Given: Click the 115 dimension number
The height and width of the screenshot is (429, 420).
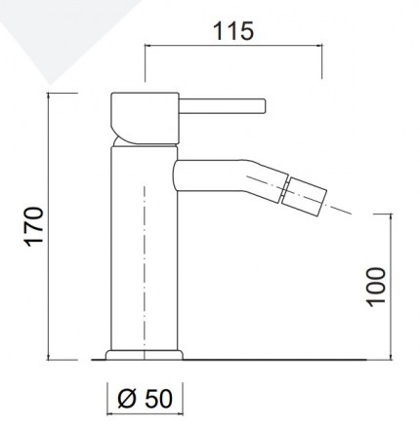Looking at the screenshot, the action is [233, 31].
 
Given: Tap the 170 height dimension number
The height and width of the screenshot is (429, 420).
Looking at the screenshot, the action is [34, 226].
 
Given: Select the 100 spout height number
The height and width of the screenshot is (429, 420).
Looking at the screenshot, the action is [376, 288].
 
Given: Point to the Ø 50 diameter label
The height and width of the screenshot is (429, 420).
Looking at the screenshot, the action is [145, 399].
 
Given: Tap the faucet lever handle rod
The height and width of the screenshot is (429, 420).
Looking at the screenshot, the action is [223, 106].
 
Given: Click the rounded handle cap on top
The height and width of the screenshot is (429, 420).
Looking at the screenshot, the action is [145, 118].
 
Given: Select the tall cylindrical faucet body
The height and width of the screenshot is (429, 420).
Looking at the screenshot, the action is [145, 249].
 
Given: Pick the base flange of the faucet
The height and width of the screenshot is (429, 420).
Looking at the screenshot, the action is [145, 355].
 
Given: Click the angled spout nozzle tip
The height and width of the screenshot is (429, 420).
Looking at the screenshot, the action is [305, 196].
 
